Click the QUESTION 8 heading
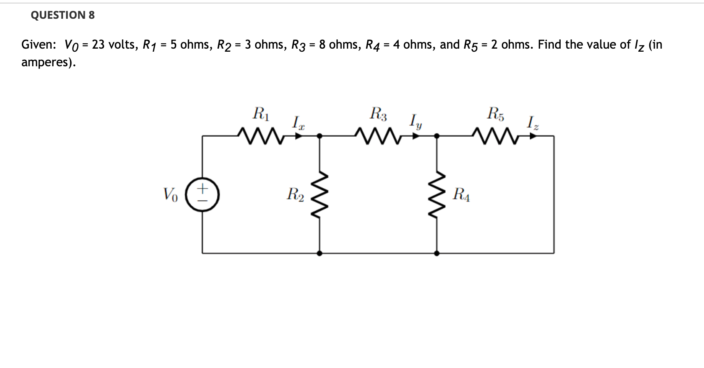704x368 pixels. (63, 15)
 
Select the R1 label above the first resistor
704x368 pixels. (261, 114)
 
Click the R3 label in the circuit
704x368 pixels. (378, 114)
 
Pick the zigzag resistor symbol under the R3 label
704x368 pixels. (378, 135)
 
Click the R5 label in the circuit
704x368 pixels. (496, 114)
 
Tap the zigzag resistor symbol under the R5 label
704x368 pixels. (496, 135)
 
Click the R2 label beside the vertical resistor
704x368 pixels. (295, 195)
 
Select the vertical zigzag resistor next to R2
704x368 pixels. (320, 195)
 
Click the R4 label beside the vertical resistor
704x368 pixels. (461, 195)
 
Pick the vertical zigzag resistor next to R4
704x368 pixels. (437, 195)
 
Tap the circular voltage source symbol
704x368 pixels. (202, 195)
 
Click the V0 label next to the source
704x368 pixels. (170, 195)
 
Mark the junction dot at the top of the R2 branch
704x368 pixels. (320, 136)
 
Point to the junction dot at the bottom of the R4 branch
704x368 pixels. (437, 253)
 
